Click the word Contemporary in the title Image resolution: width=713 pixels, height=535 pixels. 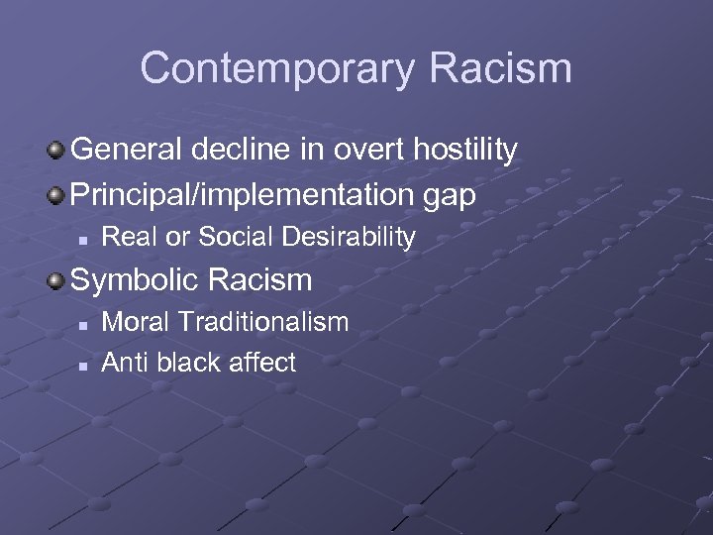coord(275,69)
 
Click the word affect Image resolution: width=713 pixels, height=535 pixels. coord(261,363)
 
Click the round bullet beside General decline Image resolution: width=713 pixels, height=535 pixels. coord(56,151)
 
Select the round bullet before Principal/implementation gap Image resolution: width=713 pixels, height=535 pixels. coord(56,195)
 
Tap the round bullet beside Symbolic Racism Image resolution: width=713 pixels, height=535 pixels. coord(56,280)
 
